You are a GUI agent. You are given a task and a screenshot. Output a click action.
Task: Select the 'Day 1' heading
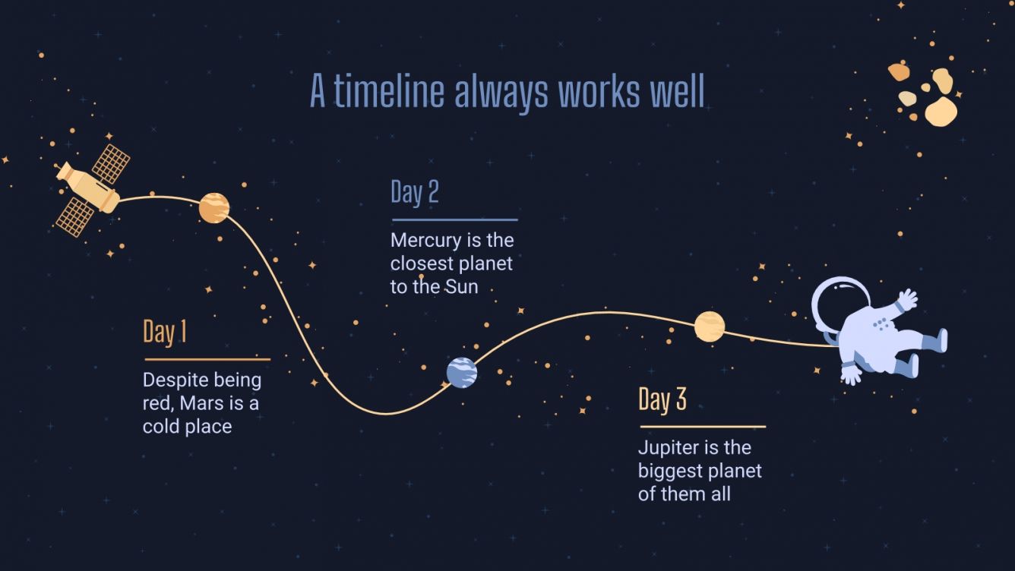(165, 333)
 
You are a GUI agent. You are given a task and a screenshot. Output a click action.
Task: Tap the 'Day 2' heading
(414, 192)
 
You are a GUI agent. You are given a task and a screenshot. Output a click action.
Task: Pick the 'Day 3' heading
(662, 399)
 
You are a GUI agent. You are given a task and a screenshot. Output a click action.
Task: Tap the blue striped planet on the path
(461, 372)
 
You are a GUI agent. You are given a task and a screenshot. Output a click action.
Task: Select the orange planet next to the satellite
(214, 207)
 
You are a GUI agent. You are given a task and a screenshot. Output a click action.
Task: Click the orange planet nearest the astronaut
(709, 327)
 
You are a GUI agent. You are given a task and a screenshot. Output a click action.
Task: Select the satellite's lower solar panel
(75, 216)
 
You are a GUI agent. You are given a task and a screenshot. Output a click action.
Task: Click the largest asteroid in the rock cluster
(941, 111)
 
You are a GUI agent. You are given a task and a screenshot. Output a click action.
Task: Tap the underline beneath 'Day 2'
(454, 220)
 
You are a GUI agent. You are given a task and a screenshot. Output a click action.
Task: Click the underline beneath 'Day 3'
(702, 427)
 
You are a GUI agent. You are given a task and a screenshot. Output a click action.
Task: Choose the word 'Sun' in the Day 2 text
(461, 288)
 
